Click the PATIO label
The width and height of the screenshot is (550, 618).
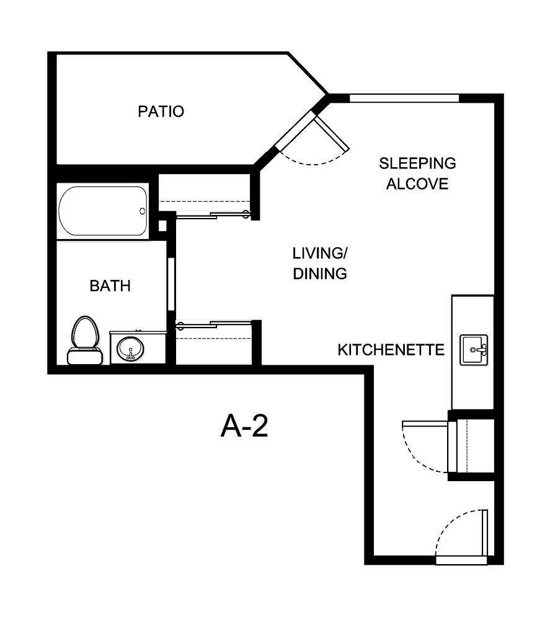[x=161, y=112]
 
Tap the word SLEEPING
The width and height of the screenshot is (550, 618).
[x=417, y=163]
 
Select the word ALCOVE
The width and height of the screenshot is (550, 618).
[x=417, y=184]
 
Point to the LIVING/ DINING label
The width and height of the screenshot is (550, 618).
[x=319, y=263]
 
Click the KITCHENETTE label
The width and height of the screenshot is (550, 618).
[x=391, y=350]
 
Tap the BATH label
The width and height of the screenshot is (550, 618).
[x=110, y=286]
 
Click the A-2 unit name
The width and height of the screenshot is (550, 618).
[x=244, y=427]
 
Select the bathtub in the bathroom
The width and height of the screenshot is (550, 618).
[x=103, y=211]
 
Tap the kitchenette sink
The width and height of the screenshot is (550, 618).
[x=474, y=350]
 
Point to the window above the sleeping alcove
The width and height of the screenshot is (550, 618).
[x=404, y=98]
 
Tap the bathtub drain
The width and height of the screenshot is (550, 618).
[x=142, y=211]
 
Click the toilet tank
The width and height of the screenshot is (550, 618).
[x=84, y=357]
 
